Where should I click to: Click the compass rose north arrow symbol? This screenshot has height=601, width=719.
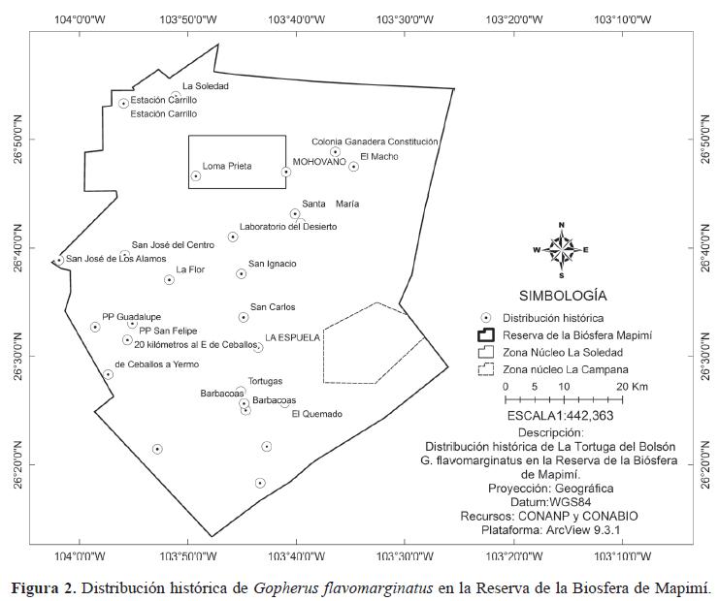point(562,245)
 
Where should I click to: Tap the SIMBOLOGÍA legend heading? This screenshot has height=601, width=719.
point(563,294)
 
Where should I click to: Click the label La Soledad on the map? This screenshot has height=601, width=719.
point(205,86)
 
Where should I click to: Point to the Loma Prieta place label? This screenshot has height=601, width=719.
point(226,166)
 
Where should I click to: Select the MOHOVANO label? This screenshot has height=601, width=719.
point(319,162)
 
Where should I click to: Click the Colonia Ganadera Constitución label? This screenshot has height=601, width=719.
point(375,142)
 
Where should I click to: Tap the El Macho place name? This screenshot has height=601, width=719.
point(378,156)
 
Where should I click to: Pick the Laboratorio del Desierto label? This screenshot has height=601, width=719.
point(288,227)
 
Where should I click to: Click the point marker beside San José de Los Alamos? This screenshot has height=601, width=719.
point(58,260)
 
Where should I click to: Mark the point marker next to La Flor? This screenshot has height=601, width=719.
point(169,279)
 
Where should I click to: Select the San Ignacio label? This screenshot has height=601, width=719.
point(273,264)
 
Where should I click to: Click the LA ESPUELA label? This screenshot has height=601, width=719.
point(292,337)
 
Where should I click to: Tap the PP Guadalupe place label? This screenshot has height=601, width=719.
point(131,317)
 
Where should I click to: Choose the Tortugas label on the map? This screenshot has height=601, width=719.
point(265,381)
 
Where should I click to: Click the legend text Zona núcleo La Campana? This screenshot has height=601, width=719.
point(565,369)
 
